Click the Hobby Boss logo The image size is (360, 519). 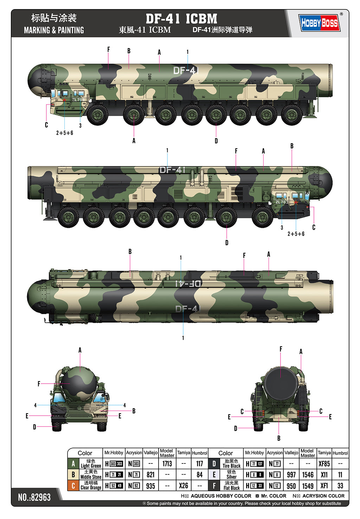[x=319, y=23]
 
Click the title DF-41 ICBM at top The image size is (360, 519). [x=181, y=19]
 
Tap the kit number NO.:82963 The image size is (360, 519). [x=34, y=497]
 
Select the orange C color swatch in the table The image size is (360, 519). [x=73, y=486]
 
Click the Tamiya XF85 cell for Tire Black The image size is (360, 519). [x=324, y=464]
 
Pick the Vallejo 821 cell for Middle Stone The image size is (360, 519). [x=150, y=475]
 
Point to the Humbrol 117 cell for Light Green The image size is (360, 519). [x=199, y=464]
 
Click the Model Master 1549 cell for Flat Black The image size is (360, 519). [x=308, y=486]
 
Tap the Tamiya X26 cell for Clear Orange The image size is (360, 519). [x=183, y=486]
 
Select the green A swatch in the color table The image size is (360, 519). [x=73, y=464]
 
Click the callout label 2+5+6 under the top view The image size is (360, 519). [x=65, y=133]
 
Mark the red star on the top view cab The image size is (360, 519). [x=65, y=100]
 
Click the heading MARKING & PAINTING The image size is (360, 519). [x=54, y=30]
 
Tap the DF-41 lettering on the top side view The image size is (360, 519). [x=186, y=70]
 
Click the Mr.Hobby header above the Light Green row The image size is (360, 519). [x=114, y=453]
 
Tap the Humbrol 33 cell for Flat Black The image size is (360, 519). [x=340, y=486]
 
